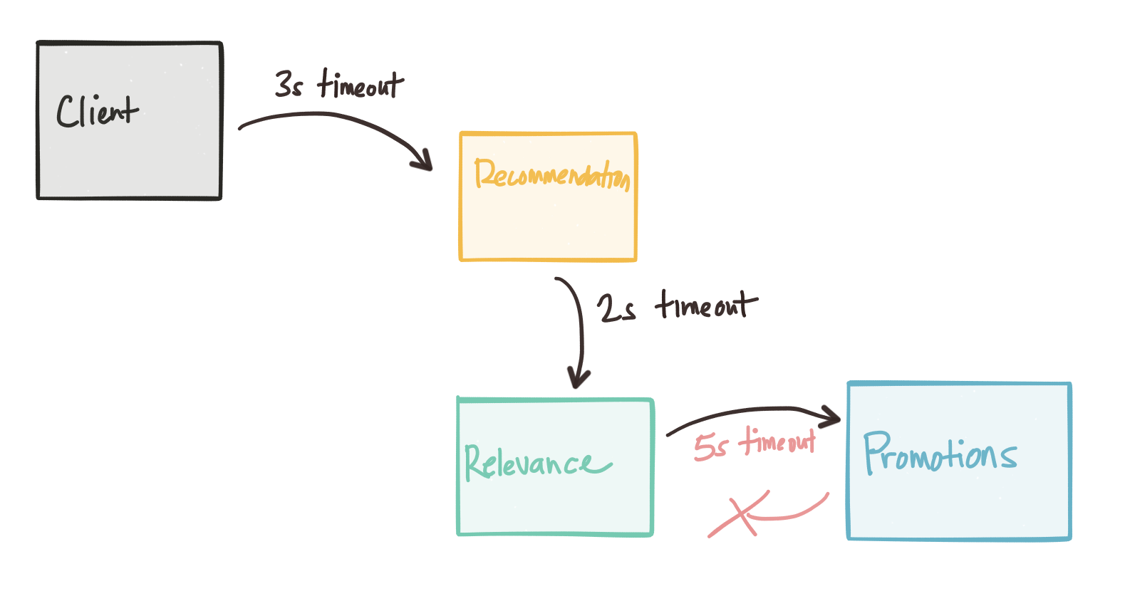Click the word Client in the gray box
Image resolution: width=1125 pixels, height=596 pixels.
click(98, 112)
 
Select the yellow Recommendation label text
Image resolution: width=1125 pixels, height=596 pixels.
click(551, 174)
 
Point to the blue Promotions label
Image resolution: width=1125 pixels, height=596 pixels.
click(940, 454)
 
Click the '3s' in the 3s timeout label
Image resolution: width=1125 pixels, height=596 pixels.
click(289, 85)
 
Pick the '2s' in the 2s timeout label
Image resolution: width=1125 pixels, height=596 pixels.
click(616, 308)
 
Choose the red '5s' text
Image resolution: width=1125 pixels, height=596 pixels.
click(710, 447)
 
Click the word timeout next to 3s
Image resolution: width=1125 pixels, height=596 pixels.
click(361, 84)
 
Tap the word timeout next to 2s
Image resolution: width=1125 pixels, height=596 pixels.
click(705, 305)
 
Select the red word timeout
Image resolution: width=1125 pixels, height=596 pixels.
click(777, 441)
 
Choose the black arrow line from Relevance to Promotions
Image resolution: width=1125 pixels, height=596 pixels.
click(734, 412)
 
